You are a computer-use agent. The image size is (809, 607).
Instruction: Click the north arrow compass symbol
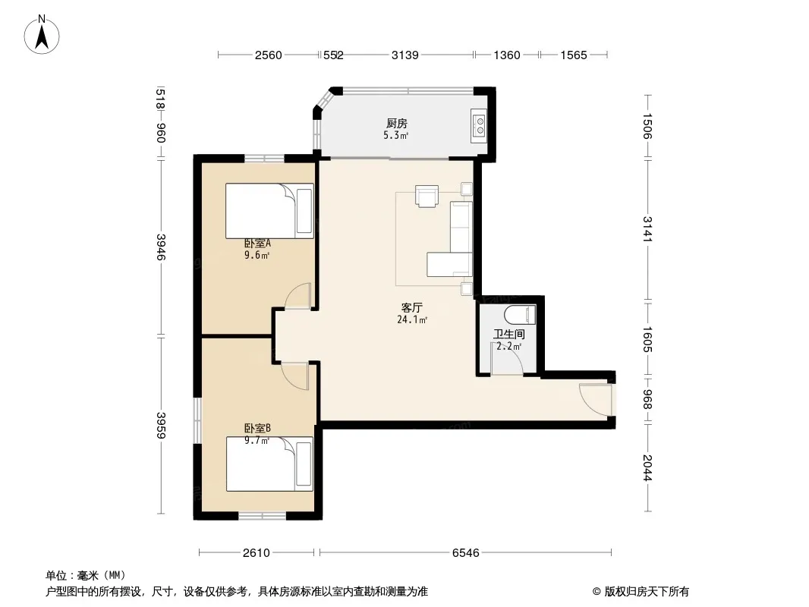42,34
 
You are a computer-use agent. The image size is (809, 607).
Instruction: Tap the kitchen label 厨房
397,123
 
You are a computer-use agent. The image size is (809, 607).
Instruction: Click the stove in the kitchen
479,126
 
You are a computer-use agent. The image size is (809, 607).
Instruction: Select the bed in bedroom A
269,211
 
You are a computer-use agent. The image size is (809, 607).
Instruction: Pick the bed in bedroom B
269,464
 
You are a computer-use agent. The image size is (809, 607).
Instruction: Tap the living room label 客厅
412,308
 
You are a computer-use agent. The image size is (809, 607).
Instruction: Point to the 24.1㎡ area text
412,319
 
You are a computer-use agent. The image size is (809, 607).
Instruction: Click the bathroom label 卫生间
508,334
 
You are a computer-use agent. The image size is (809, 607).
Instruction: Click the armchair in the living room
427,196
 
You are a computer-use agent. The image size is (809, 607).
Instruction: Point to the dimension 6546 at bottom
465,553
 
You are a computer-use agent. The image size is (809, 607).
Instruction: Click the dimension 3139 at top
405,55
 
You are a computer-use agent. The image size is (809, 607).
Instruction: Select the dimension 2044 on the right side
648,467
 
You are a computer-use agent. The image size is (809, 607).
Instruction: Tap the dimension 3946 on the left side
162,247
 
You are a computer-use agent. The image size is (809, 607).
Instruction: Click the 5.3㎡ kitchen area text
395,136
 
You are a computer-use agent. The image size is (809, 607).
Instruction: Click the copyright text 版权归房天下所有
647,592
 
